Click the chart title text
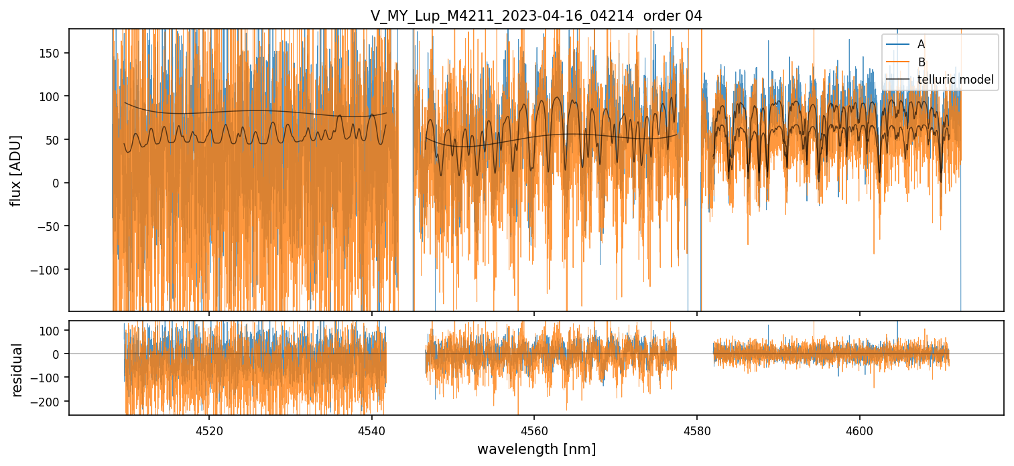(x=536, y=16)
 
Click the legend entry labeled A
(x=921, y=44)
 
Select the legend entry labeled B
(x=922, y=62)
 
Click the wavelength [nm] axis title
(x=536, y=449)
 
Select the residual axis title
(x=17, y=370)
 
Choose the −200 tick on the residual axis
(x=47, y=402)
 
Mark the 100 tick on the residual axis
(x=51, y=331)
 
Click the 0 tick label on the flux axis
(x=56, y=183)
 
